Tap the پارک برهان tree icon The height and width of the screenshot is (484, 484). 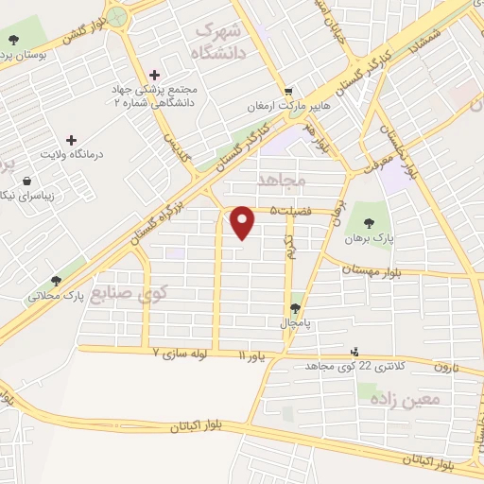click(369, 222)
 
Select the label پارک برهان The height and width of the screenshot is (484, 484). click(369, 238)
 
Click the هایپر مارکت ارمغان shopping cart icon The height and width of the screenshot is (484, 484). click(301, 92)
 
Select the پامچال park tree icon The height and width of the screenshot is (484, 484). click(297, 309)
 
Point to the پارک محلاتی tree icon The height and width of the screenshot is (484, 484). click(56, 281)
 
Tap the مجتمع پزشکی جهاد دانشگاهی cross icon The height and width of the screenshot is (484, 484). click(155, 76)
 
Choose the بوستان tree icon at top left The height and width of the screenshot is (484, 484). click(13, 40)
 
